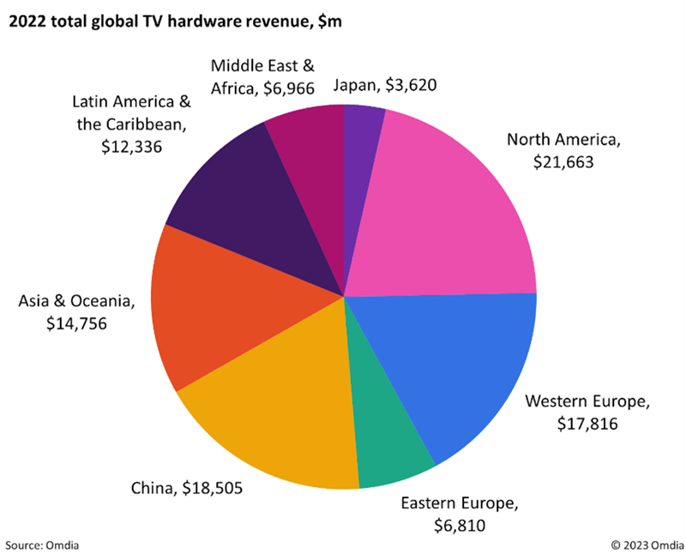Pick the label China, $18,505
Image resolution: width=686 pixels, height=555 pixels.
pyautogui.click(x=186, y=489)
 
